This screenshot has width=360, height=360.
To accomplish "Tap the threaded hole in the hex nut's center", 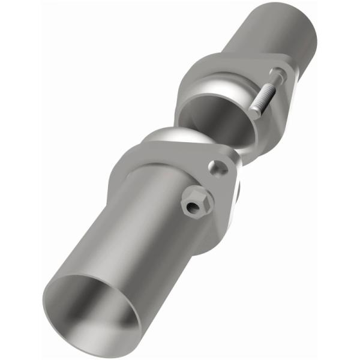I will [x=193, y=208].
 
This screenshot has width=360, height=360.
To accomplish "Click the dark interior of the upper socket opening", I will [x=216, y=120].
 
